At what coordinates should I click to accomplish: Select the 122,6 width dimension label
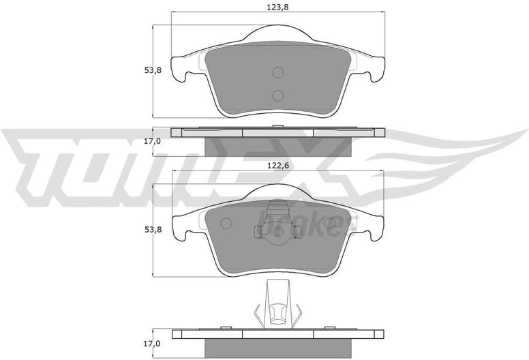[x=278, y=164]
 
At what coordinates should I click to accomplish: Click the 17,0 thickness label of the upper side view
[x=152, y=141]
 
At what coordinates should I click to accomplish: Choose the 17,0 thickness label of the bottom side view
[x=152, y=344]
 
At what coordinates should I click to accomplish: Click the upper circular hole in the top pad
[x=277, y=73]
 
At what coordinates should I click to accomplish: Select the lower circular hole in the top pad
[x=277, y=95]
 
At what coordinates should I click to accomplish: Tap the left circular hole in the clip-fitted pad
[x=226, y=223]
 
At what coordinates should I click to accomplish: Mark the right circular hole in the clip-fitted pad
[x=330, y=223]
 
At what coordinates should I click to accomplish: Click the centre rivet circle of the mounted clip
[x=277, y=234]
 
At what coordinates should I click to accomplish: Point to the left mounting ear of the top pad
[x=180, y=68]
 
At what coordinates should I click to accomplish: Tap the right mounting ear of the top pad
[x=376, y=68]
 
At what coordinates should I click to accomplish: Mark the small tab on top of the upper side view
[x=277, y=126]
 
